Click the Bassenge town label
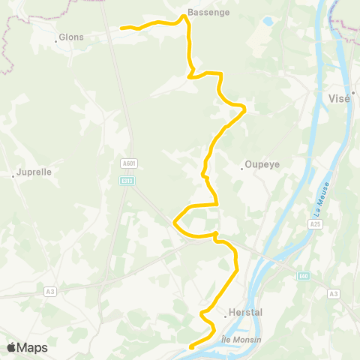(x=208, y=13)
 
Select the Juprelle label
(x=34, y=172)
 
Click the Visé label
(x=340, y=98)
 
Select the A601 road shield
(x=128, y=163)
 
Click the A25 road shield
(x=316, y=223)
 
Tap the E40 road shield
(x=303, y=277)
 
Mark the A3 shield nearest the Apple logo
(x=49, y=291)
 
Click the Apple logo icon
(x=11, y=347)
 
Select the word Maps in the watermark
(x=33, y=347)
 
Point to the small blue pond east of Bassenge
(x=268, y=22)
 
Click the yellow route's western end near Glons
(x=121, y=28)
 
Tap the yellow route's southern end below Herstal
(x=190, y=347)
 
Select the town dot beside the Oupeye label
(x=241, y=169)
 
